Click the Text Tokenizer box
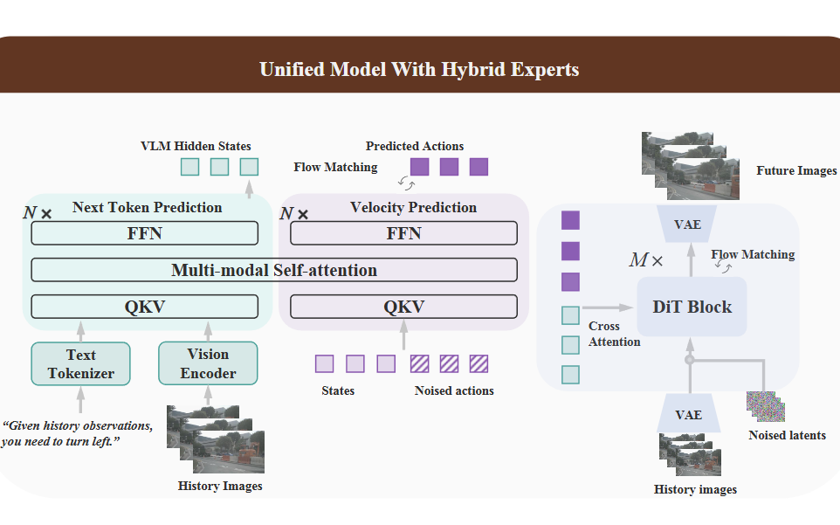[x=80, y=363]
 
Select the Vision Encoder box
[x=208, y=363]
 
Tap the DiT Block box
[x=692, y=307]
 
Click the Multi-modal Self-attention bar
[x=273, y=270]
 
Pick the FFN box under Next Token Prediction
[x=144, y=233]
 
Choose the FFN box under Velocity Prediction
[x=403, y=233]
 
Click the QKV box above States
[x=403, y=307]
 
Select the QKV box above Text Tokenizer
[x=144, y=307]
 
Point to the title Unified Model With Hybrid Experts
[x=419, y=69]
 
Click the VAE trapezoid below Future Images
[x=687, y=225]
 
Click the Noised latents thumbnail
[x=766, y=406]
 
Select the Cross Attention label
[x=614, y=334]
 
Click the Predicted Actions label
[x=415, y=146]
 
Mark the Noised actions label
[x=454, y=390]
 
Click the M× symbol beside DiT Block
[x=646, y=260]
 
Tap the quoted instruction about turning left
[x=78, y=433]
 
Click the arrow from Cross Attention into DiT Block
[x=608, y=307]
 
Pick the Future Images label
[x=795, y=171]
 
